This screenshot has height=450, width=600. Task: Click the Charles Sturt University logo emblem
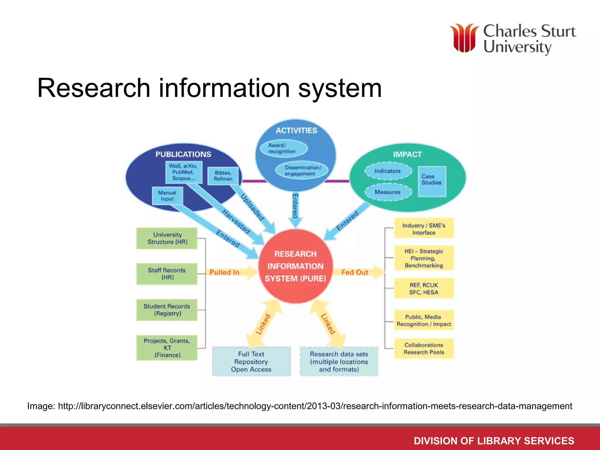point(464,38)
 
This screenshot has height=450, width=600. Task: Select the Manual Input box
point(167,196)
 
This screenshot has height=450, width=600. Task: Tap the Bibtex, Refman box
point(223,176)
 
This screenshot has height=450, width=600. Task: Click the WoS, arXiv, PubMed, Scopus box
point(183,172)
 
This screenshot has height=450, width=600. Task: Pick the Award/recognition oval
point(282,148)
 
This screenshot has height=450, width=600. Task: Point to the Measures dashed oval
point(388,192)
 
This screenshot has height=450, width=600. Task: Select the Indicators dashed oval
point(388,171)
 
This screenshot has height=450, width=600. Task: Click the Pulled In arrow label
point(224,272)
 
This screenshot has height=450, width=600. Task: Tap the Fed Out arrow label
point(354,272)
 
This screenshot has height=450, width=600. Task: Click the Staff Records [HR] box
point(167,274)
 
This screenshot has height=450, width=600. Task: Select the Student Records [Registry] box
point(167,310)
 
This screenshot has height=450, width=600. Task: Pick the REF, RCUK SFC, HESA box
point(424,289)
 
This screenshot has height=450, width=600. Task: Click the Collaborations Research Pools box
point(424,349)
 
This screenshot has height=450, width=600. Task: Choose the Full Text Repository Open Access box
point(251,362)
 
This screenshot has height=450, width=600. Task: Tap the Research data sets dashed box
point(339,362)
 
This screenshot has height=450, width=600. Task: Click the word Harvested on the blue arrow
point(236,222)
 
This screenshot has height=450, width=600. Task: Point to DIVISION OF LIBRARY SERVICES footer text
point(494,441)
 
